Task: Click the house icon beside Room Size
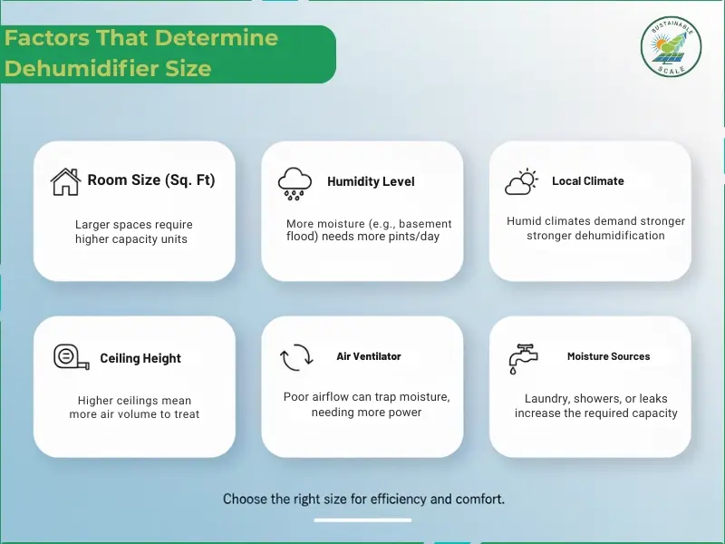(65, 181)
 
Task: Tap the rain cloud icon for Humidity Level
(295, 182)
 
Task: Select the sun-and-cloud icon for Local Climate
(521, 182)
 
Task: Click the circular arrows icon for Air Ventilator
(295, 358)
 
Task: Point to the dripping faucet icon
(523, 358)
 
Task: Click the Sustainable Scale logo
(672, 47)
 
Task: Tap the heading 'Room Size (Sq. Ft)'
(151, 180)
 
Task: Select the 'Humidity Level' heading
(371, 181)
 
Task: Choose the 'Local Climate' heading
(587, 181)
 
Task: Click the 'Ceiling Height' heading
(140, 358)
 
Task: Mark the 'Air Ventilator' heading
(369, 356)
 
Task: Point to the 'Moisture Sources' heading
(608, 356)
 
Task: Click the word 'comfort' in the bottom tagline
(479, 499)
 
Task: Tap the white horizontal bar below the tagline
(362, 520)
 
